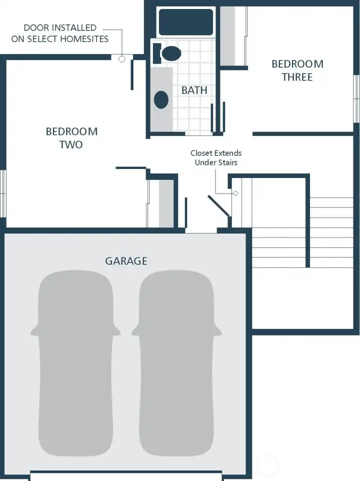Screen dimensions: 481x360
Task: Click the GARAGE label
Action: click(x=126, y=261)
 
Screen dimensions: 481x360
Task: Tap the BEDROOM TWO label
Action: click(x=71, y=138)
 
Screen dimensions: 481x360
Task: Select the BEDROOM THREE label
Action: click(x=297, y=70)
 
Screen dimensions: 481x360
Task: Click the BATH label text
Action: click(x=194, y=90)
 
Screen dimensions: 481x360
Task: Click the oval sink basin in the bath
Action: click(x=161, y=99)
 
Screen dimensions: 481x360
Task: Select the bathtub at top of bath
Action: click(x=185, y=22)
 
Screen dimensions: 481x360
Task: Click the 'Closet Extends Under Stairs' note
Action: click(x=215, y=158)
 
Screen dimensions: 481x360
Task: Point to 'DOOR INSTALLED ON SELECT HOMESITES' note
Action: click(x=60, y=33)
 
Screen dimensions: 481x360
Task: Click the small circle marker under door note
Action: click(x=121, y=59)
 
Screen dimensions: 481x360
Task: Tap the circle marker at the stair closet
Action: click(x=235, y=193)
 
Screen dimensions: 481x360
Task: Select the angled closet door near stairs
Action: click(x=219, y=205)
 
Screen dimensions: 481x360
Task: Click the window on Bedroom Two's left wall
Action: click(x=2, y=193)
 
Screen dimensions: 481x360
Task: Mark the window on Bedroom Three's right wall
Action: click(x=356, y=98)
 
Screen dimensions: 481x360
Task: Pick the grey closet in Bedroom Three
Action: click(x=228, y=36)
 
